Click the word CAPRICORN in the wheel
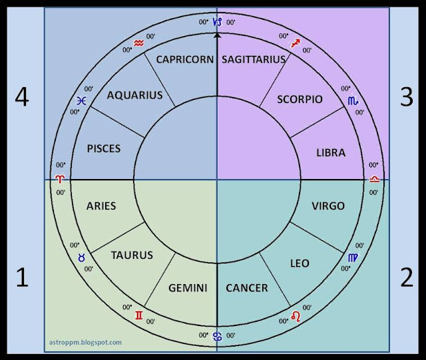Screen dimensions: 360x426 coord(185,59)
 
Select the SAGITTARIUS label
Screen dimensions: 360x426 coord(253,59)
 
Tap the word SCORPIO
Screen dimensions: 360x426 coord(300,99)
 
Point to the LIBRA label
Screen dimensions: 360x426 coord(331,152)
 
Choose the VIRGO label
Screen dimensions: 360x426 coord(328,206)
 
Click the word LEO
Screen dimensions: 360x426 coord(300,264)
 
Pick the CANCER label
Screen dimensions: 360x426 coord(247,288)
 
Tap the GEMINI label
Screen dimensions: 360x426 coord(188,288)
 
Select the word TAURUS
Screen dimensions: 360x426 coord(132,255)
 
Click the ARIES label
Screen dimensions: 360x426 coord(101,206)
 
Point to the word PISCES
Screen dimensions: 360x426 coord(104,148)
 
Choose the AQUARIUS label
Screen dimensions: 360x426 coord(135,95)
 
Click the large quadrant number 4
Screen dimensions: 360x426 coord(22,98)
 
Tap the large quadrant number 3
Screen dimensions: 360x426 coord(406,98)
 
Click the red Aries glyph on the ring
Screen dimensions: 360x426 coord(61,180)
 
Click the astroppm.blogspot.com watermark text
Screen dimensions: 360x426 coord(87,342)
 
